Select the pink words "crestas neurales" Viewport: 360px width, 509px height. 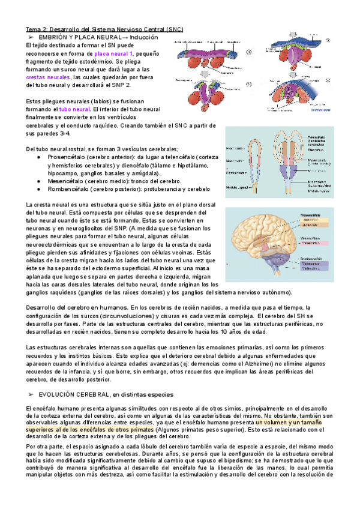click(x=47, y=77)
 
